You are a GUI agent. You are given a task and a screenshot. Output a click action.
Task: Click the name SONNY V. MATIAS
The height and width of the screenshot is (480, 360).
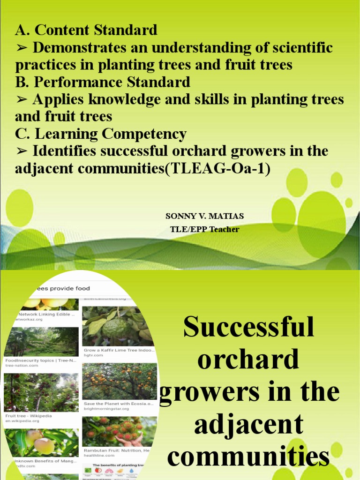[204, 216]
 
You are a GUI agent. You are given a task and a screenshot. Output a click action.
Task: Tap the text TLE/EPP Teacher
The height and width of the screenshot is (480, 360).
[204, 229]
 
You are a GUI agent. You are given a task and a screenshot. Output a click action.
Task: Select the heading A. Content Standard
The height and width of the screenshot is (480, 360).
[86, 30]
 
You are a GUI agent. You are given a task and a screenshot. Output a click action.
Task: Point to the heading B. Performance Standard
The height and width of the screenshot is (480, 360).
[103, 82]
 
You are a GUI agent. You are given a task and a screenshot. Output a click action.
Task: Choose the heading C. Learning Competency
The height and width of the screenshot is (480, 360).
[101, 134]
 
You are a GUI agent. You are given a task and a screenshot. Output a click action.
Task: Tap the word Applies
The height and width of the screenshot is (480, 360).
[58, 99]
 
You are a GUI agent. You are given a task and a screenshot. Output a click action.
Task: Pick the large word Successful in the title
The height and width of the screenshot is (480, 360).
[248, 327]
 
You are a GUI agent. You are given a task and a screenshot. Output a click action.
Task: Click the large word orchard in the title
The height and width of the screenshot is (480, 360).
[248, 360]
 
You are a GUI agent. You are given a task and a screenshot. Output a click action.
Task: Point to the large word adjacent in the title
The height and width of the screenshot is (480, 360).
[248, 425]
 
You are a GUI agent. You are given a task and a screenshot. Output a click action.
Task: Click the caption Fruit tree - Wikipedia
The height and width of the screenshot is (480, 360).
[29, 415]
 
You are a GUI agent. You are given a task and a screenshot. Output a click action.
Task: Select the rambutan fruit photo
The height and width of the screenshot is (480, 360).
[119, 431]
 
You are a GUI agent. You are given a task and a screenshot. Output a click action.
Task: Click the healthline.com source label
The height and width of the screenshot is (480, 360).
[99, 455]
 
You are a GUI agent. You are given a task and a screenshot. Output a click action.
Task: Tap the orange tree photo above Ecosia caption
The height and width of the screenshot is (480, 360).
[119, 381]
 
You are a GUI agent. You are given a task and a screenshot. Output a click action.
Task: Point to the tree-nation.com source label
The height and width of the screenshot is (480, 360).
[22, 365]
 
